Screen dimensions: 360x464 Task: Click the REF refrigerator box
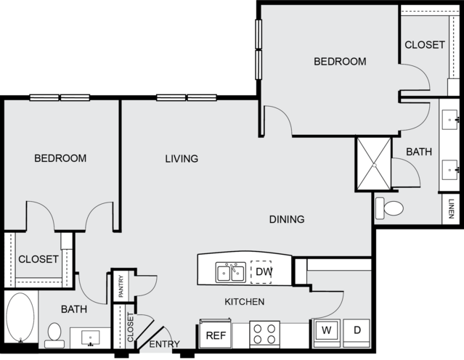click(215, 335)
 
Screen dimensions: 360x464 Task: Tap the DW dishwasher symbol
click(261, 271)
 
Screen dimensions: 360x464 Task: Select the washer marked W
click(327, 331)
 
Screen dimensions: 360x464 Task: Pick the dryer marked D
click(356, 331)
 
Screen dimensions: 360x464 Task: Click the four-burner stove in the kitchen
click(264, 335)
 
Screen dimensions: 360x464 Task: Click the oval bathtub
click(20, 317)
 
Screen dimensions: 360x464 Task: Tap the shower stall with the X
click(373, 164)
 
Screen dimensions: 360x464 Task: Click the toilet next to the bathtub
click(54, 333)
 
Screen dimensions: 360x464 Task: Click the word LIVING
click(182, 158)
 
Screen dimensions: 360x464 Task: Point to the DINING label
click(286, 219)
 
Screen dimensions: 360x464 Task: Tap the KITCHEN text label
click(244, 302)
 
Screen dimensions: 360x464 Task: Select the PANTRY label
click(121, 285)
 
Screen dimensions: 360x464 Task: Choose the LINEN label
click(451, 209)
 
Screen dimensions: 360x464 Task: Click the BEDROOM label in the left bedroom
click(60, 158)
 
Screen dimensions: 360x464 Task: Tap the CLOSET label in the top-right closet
click(425, 45)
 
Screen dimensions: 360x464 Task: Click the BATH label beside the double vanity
click(419, 152)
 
